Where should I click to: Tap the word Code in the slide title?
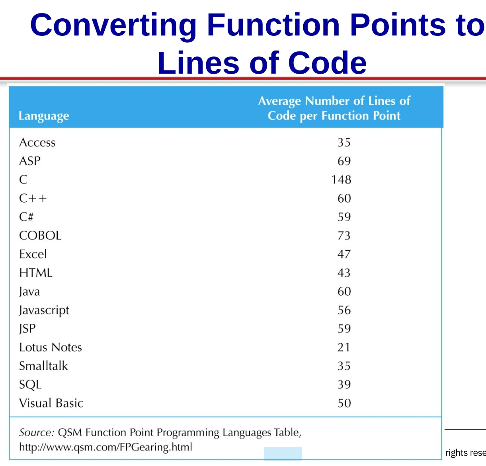coord(328,62)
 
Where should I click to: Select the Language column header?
coord(44,116)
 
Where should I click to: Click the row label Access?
coord(37,142)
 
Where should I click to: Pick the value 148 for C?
coord(341,179)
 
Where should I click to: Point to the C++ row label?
coord(33,198)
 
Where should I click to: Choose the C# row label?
coord(26,217)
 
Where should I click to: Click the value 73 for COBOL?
coord(344,236)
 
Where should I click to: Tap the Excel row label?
coord(33,254)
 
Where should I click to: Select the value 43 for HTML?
coord(344,273)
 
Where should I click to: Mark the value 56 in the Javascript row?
coord(344,310)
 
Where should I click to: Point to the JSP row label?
coord(27,329)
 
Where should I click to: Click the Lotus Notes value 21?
coord(344,347)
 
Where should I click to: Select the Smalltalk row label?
coord(43,366)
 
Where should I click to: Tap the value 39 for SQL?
coord(344,384)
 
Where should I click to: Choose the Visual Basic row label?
coord(51,403)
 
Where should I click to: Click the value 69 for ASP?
coord(344,161)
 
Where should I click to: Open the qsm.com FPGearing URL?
coord(105,447)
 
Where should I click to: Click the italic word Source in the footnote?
coord(37,433)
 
